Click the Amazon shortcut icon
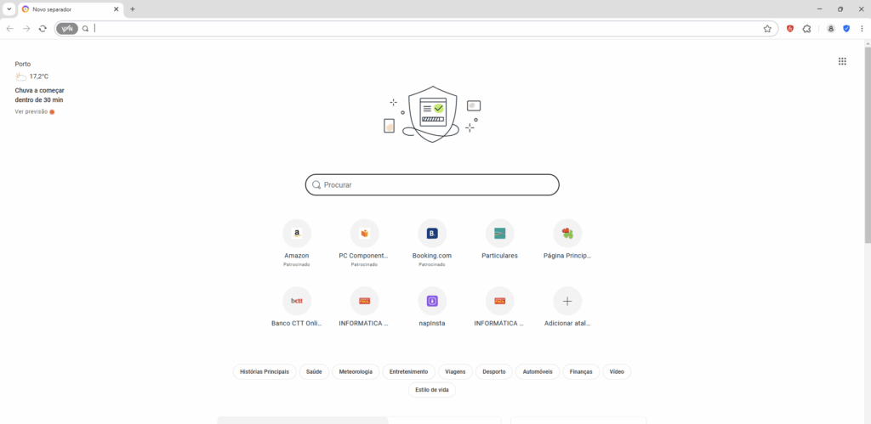point(297,234)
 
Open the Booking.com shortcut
point(432,234)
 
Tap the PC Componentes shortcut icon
point(364,234)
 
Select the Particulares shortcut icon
point(500,234)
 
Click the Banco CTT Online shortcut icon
point(297,301)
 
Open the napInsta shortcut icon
point(432,301)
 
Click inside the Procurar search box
point(432,184)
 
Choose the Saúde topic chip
point(315,372)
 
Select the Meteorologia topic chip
point(356,372)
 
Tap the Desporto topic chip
point(494,372)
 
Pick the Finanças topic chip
point(581,372)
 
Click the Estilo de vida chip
point(432,390)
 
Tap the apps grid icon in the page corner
point(842,61)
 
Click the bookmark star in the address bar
point(767,29)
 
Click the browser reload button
point(43,29)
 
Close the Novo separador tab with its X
point(116,9)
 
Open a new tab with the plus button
point(132,9)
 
